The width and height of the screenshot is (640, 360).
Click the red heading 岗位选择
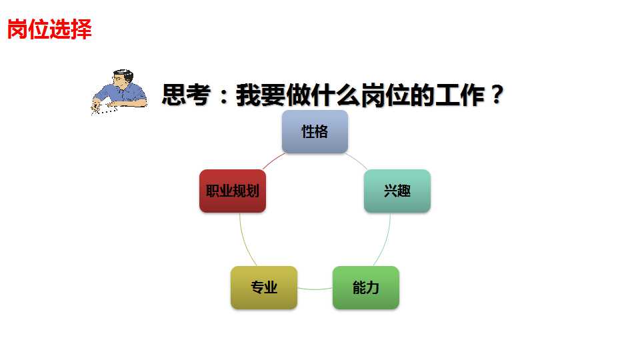(49, 29)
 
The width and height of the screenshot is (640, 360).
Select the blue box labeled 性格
(315, 132)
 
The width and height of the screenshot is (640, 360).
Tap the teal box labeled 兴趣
(397, 191)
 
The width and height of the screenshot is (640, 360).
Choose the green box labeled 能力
(366, 288)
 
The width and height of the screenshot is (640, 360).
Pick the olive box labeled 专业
(264, 288)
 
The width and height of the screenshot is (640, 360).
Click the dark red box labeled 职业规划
(233, 191)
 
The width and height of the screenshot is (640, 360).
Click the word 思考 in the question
(183, 95)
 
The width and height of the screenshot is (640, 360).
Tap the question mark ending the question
(495, 95)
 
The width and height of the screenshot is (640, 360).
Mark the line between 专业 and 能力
(315, 289)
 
